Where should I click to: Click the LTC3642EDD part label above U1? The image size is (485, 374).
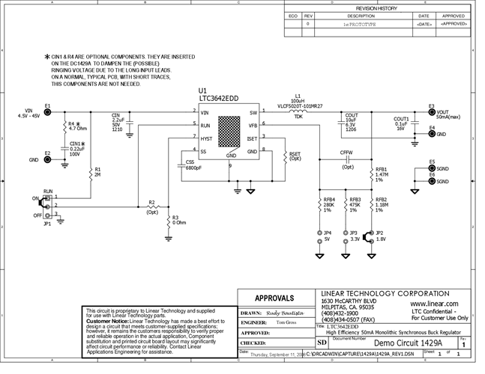tap(220, 98)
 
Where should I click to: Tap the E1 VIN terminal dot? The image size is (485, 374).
tap(47, 112)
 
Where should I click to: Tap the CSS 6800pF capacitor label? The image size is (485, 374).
tap(193, 165)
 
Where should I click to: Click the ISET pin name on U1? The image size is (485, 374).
tap(251, 138)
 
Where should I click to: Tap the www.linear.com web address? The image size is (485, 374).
tap(436, 304)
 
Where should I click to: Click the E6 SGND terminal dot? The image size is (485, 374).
tap(431, 181)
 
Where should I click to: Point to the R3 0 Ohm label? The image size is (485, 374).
tap(178, 221)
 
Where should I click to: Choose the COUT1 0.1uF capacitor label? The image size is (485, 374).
tap(401, 123)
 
